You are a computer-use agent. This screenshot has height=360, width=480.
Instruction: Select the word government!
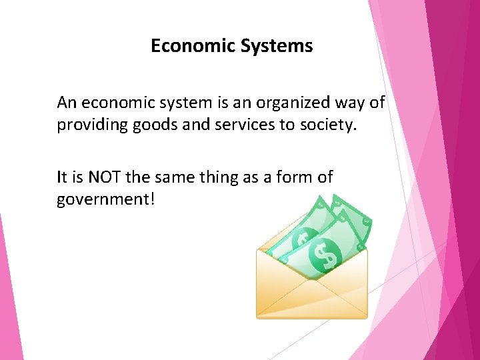106,199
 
